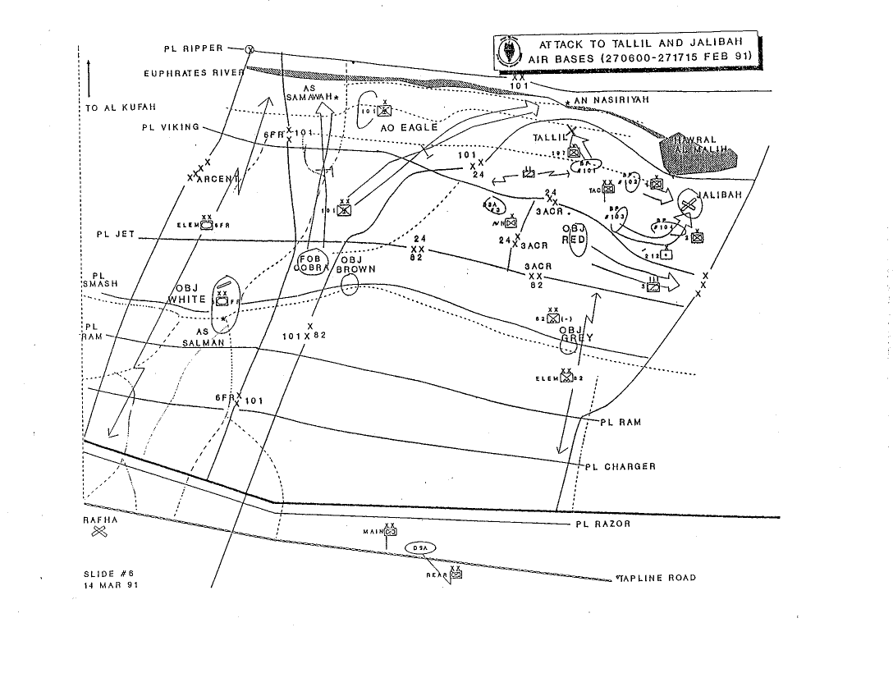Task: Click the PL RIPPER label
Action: [193, 49]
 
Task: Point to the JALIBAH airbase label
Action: [719, 195]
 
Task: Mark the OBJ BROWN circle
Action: [350, 284]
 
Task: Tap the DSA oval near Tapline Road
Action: [419, 547]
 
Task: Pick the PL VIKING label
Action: [170, 127]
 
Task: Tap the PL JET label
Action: [115, 235]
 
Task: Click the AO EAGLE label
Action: [410, 128]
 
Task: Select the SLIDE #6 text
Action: [105, 574]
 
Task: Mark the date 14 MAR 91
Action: [105, 585]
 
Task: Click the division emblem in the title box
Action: [508, 52]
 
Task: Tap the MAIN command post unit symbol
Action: [390, 532]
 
